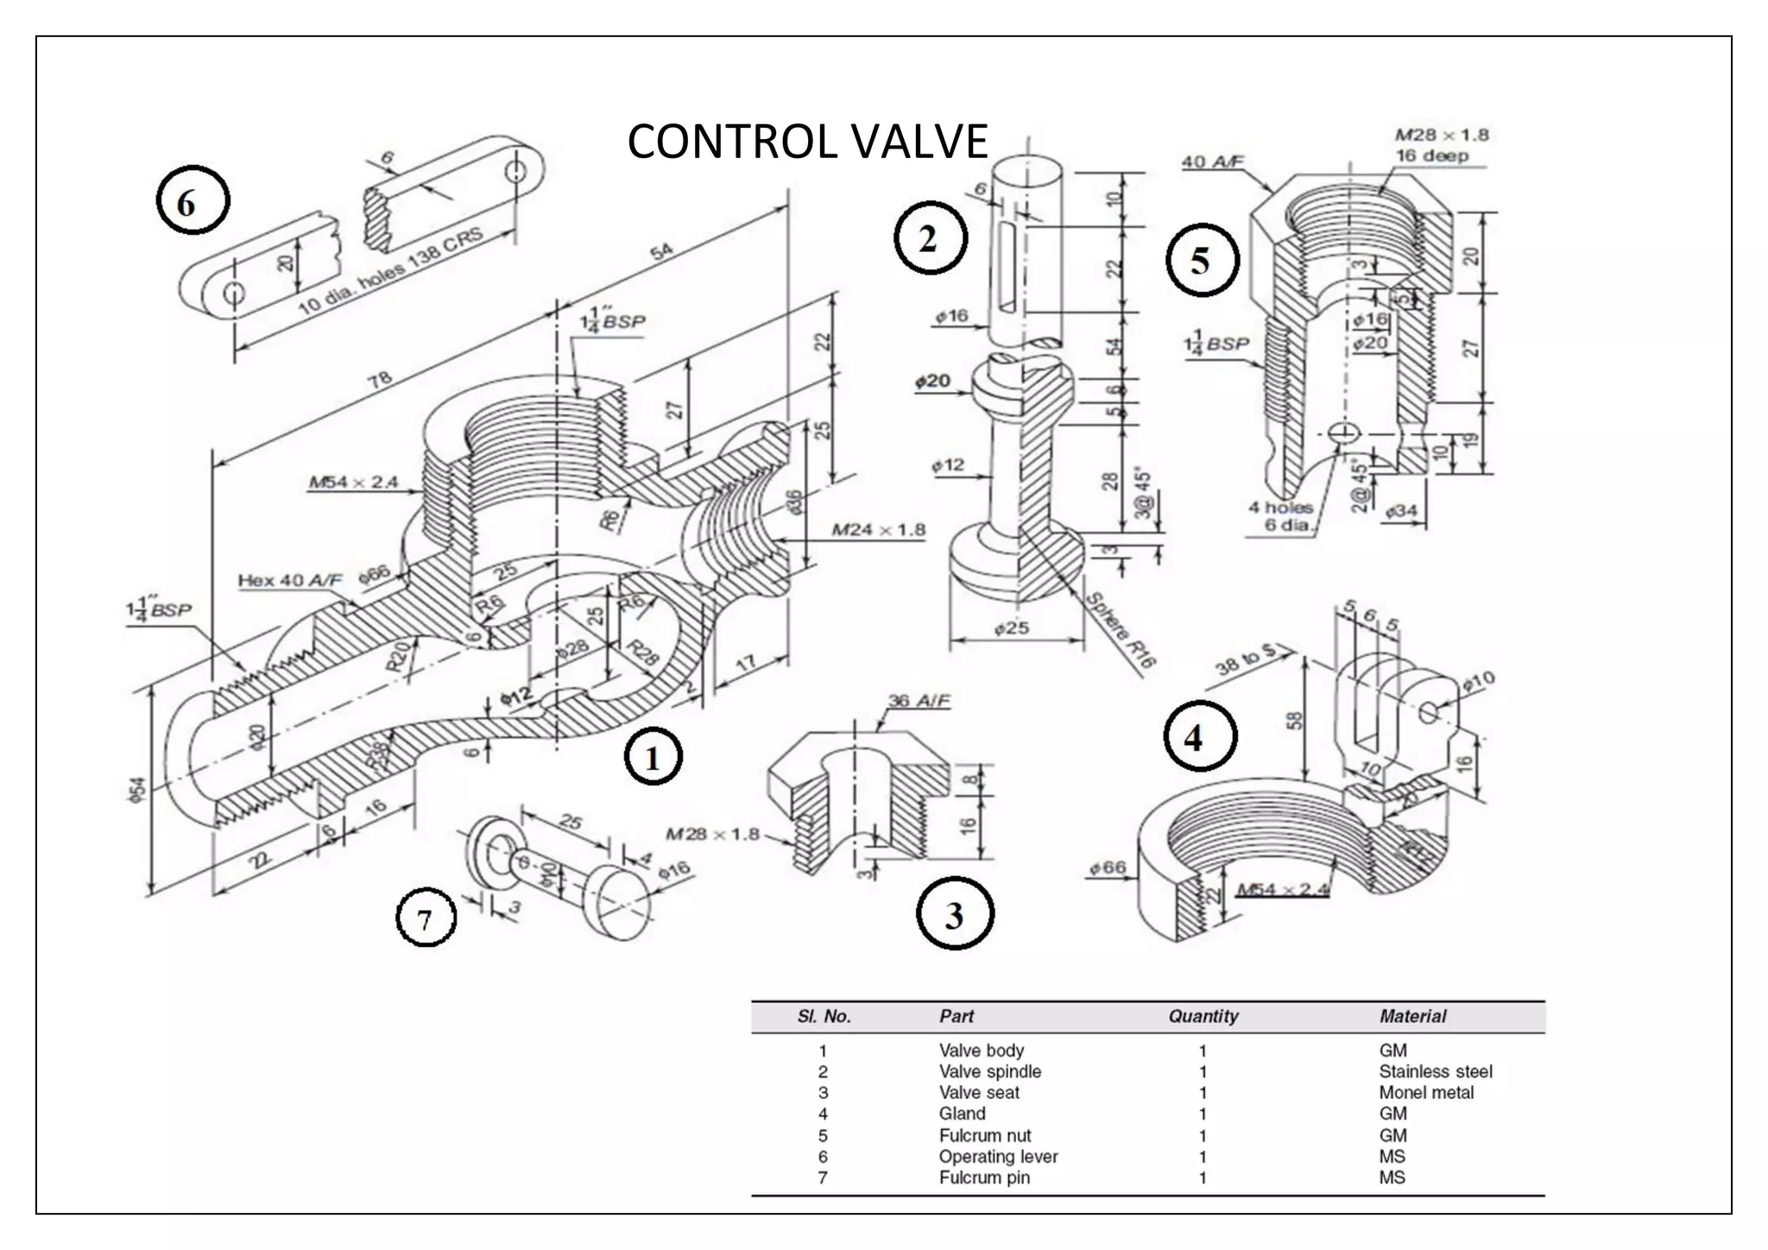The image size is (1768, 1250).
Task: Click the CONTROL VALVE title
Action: tap(807, 142)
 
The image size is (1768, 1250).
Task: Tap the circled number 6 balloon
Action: tap(193, 203)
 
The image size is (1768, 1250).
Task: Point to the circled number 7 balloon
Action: tap(426, 920)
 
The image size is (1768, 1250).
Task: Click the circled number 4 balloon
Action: tap(1200, 735)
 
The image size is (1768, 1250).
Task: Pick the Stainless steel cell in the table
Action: tap(1435, 1071)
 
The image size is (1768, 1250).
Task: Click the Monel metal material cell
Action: tap(1426, 1092)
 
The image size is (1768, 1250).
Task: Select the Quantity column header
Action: tap(1203, 1016)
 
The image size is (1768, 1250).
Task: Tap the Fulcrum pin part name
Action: tap(984, 1177)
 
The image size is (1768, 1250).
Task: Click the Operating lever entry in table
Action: tap(998, 1157)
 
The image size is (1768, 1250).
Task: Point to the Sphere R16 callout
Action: tap(1120, 630)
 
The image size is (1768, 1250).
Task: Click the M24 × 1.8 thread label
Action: tap(878, 529)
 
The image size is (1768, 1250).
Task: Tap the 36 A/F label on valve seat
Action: tap(919, 700)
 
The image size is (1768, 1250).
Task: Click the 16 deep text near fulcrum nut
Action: tap(1431, 155)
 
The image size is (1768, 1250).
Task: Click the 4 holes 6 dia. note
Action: tap(1279, 515)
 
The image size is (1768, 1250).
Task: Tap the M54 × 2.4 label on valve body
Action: tap(353, 482)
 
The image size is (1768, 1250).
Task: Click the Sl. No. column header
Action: tap(824, 1016)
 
